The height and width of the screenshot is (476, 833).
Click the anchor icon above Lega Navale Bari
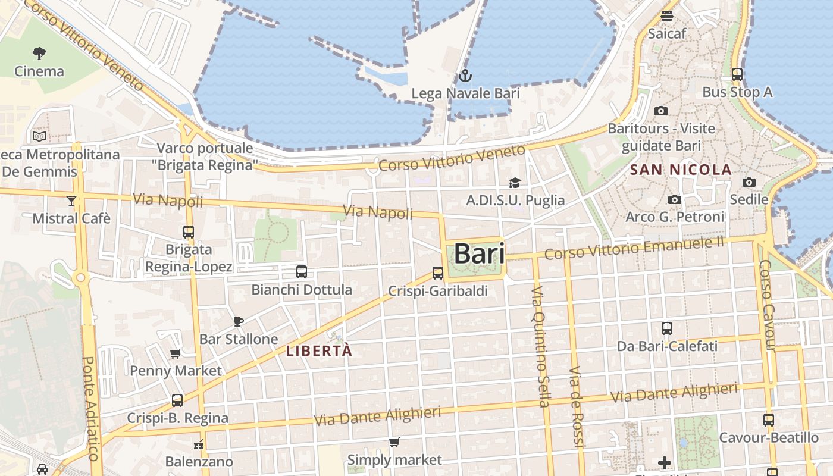[x=465, y=76]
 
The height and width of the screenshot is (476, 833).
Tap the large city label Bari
[x=479, y=254]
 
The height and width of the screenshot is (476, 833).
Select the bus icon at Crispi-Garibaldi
[x=438, y=273]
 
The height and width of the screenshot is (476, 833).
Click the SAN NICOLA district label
[x=681, y=170]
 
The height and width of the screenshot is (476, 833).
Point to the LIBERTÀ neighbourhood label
[x=319, y=351]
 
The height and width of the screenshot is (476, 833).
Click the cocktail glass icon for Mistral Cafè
[x=71, y=201]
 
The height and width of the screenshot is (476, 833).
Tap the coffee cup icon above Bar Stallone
[x=238, y=322]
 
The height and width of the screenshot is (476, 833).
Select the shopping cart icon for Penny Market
[x=176, y=354]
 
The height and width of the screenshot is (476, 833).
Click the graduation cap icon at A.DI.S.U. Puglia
[x=515, y=183]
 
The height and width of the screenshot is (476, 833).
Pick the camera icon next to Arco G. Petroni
[x=674, y=200]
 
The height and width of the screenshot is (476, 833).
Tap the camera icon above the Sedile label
[x=749, y=182]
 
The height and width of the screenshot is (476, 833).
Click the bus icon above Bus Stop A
[x=737, y=74]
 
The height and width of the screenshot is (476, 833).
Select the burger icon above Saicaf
[x=666, y=16]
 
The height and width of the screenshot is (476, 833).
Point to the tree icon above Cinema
[x=39, y=54]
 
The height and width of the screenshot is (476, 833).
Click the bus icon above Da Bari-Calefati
[x=667, y=328]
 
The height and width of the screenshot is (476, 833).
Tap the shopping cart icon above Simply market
[x=394, y=442]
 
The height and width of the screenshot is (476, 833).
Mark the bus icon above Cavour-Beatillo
[x=768, y=420]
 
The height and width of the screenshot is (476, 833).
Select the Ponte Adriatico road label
[x=90, y=408]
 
